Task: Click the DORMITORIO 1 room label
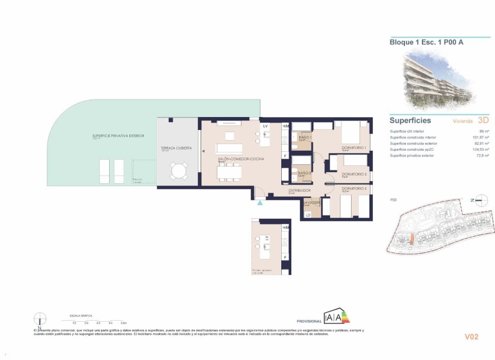(354, 147)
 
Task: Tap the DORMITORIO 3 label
(354, 174)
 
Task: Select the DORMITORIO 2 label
(354, 188)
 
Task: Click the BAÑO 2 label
(304, 173)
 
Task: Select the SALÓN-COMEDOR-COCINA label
(241, 159)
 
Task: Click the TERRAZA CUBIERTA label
(176, 147)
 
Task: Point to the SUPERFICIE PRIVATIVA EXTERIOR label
(118, 136)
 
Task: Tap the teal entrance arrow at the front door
(259, 203)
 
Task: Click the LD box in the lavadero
(308, 214)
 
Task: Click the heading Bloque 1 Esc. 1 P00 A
(427, 42)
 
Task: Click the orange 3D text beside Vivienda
(483, 120)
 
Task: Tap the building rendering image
(439, 78)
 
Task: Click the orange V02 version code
(471, 337)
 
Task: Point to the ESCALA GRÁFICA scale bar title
(80, 316)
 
